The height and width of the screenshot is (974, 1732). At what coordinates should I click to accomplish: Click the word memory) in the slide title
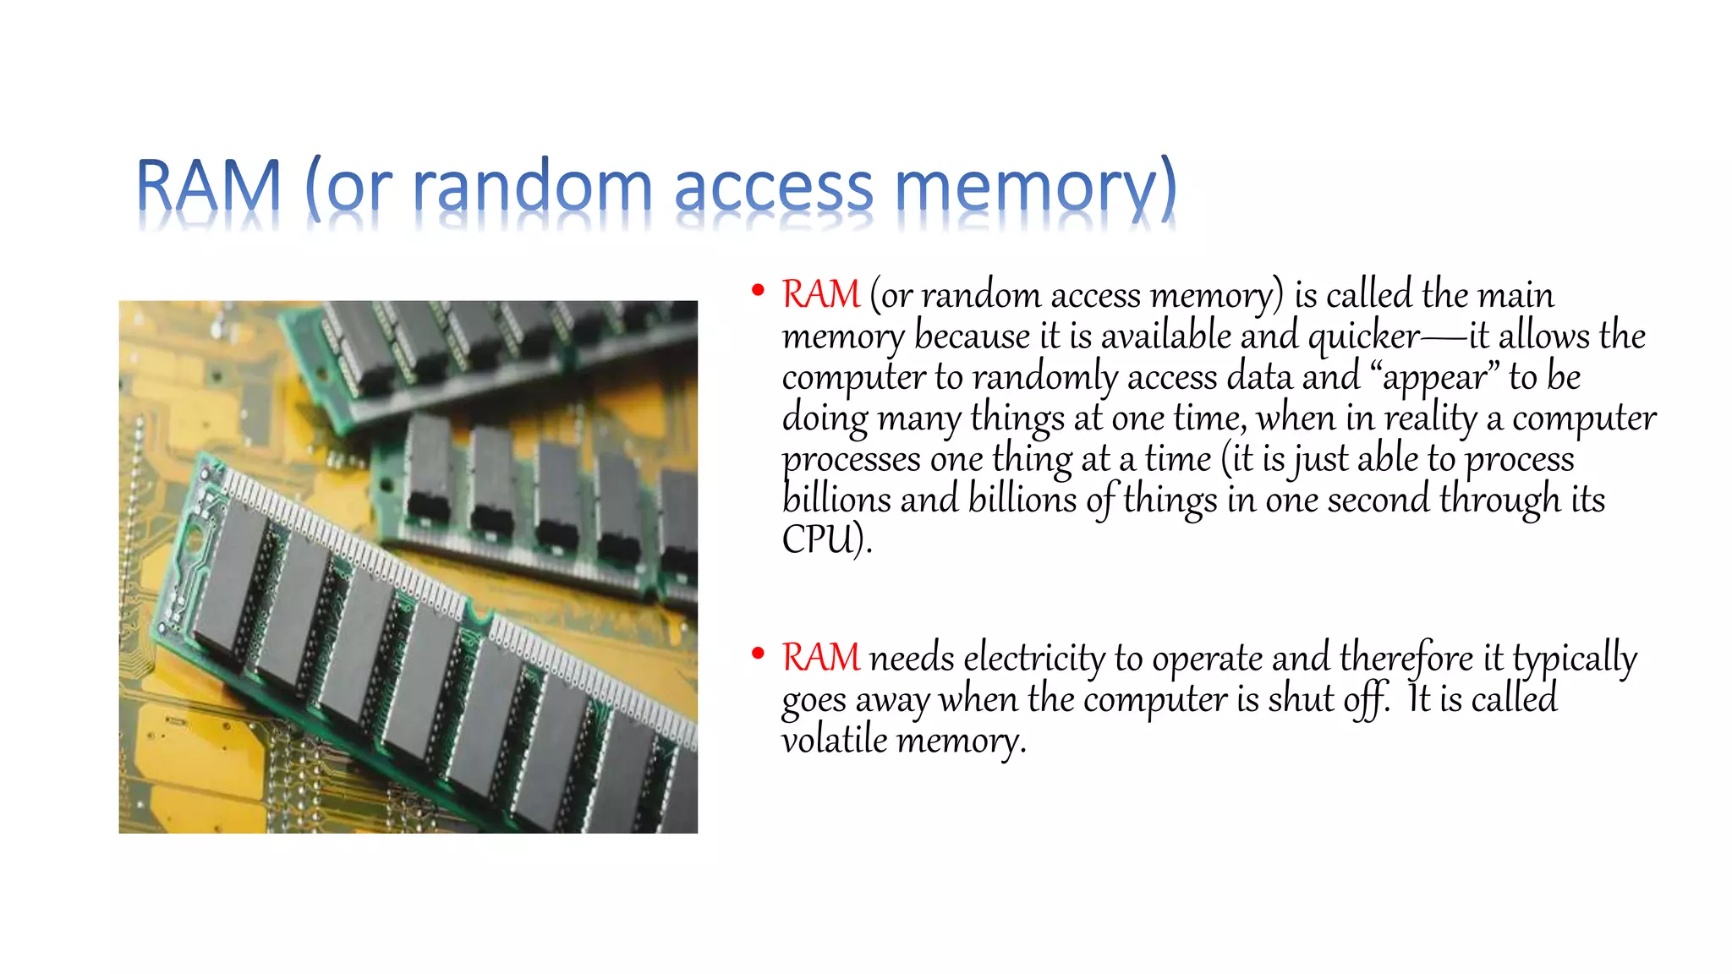(1035, 188)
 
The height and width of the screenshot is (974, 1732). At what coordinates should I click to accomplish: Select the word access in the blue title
(773, 188)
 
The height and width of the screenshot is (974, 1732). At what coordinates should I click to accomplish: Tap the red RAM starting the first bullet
(820, 294)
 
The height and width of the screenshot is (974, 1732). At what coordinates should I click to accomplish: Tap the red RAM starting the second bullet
(820, 657)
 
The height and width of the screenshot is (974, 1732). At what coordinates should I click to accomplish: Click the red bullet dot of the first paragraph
(758, 291)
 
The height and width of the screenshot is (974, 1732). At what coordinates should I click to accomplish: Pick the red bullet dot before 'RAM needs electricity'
(758, 654)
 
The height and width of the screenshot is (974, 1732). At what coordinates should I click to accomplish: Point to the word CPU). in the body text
(826, 539)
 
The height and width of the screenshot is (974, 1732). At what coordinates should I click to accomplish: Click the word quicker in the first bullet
(1363, 337)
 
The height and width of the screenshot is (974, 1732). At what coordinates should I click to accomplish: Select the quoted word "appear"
(1433, 377)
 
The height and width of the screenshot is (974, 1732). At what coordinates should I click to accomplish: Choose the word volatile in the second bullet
(834, 740)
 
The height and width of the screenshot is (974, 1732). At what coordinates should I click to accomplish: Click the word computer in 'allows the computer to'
(853, 377)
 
